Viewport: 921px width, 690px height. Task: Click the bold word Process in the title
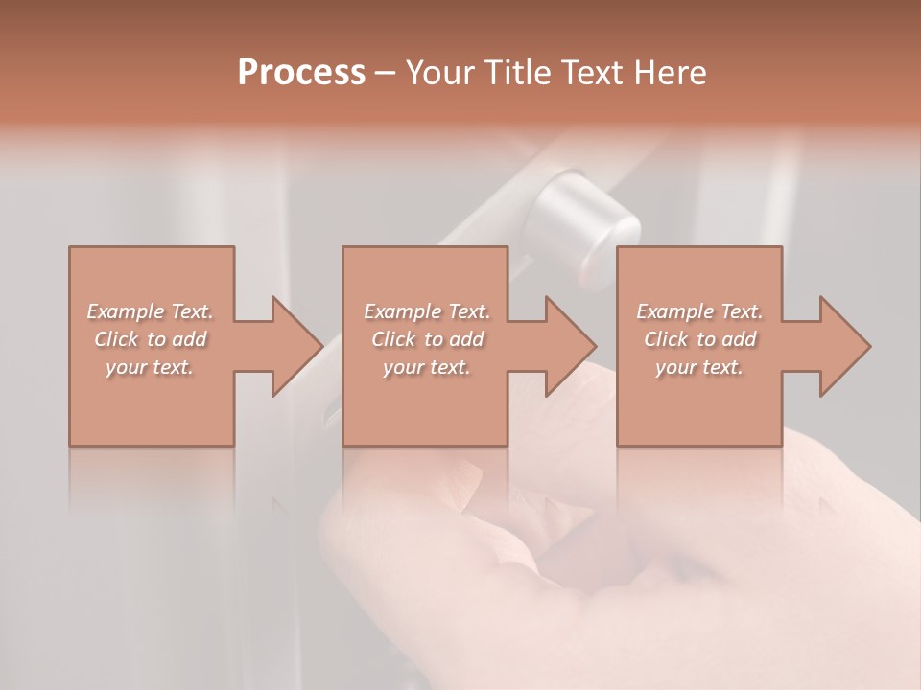[x=301, y=73]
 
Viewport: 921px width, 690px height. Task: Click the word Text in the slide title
[x=591, y=73]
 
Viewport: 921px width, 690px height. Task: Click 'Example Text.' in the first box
[x=151, y=311]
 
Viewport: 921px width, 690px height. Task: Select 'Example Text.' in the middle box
[x=427, y=311]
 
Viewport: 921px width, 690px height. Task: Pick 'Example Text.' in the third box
[x=699, y=311]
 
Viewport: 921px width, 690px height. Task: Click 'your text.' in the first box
[x=150, y=367]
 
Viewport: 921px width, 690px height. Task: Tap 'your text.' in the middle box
[x=426, y=367]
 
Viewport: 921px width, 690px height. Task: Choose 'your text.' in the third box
[x=698, y=367]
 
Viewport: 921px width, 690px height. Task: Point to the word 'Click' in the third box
[x=666, y=339]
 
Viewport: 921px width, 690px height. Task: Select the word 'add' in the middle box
[x=466, y=339]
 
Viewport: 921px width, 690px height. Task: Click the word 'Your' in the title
[x=437, y=73]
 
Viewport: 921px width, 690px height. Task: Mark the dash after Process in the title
[x=386, y=73]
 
